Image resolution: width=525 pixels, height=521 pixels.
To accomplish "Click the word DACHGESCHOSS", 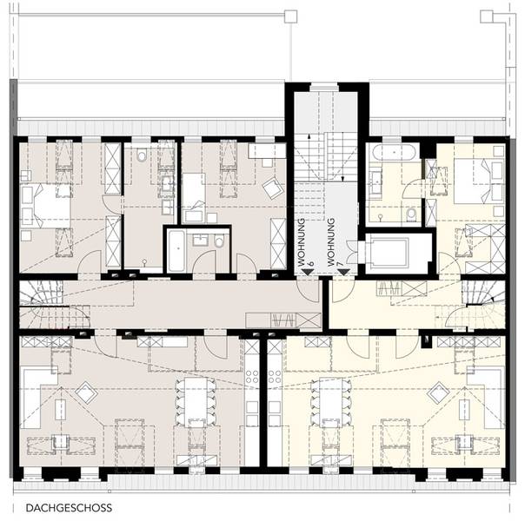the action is pos(69,508).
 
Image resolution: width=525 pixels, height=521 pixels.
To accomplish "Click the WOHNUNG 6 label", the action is pos(305,242).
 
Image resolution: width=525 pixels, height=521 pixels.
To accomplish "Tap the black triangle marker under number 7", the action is pos(344,272).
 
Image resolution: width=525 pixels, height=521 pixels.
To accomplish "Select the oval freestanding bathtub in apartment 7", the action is pos(394,152).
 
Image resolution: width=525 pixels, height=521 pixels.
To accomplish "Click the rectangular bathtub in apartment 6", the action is pos(176,251).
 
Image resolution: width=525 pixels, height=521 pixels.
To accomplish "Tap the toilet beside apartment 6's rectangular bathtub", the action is pos(219,241).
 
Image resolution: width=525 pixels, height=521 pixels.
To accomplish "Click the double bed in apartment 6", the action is pos(46,206).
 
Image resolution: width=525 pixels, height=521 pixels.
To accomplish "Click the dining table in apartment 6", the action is pos(196,402).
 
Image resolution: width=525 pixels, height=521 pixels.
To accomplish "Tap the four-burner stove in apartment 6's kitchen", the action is pos(252,376).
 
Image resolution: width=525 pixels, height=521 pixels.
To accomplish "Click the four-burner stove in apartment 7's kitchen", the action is pos(274,376).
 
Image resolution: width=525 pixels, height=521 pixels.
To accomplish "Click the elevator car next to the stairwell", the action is pos(388,252).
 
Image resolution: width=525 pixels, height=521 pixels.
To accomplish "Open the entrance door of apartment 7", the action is pos(343,291).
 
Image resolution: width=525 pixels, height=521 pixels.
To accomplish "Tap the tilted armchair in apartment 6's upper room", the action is pos(274,188).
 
